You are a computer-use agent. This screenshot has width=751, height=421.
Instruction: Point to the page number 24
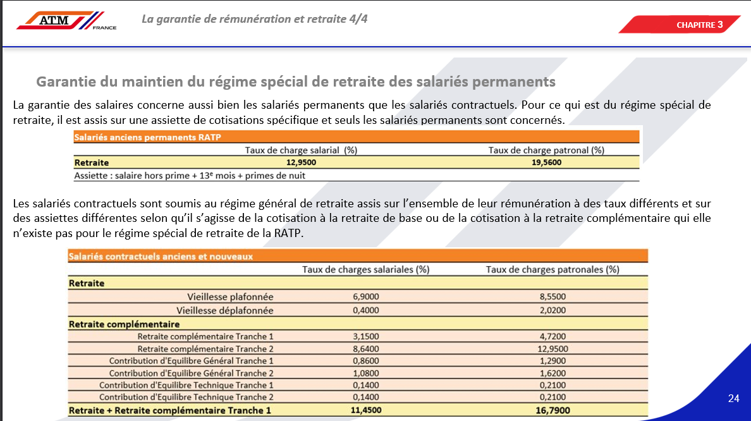tap(733, 398)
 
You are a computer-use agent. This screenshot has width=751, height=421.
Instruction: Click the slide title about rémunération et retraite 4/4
tap(254, 19)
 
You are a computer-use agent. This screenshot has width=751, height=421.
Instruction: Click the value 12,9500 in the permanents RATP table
tap(301, 162)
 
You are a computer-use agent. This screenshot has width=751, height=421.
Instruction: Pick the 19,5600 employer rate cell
tap(546, 162)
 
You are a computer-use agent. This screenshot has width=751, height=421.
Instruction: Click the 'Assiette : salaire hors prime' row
tap(190, 175)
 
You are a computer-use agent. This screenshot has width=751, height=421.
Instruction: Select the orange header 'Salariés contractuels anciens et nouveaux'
tap(161, 257)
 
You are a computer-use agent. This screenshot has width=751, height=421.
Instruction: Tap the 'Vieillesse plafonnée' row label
tap(230, 296)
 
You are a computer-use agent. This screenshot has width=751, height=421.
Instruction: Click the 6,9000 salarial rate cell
tap(365, 296)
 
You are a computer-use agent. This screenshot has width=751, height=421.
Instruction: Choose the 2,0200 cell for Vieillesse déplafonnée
tap(553, 310)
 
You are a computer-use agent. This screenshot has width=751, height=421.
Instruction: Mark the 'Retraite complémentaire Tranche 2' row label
tap(205, 348)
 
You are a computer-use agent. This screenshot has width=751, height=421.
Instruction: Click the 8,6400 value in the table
tap(365, 348)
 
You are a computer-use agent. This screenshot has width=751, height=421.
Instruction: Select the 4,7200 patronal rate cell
tap(553, 336)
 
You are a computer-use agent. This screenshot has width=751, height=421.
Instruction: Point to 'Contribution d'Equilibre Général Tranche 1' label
tap(191, 360)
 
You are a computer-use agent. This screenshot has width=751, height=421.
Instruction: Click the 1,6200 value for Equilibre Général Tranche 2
tap(553, 373)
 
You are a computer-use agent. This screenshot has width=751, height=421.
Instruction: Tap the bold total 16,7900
tap(553, 411)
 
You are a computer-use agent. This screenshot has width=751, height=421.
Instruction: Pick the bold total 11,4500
tap(365, 411)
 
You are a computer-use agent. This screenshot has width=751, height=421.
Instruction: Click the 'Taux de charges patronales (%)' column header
tap(553, 269)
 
